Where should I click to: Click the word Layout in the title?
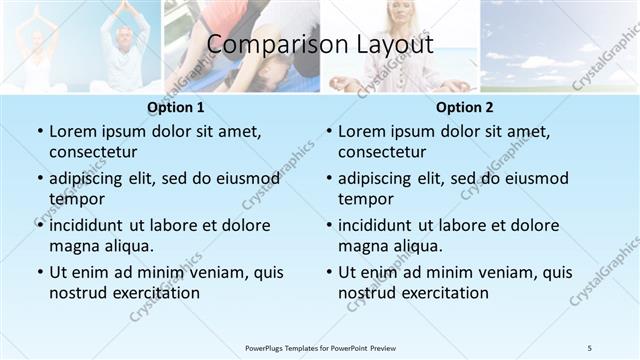(389, 46)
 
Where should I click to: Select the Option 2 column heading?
(465, 107)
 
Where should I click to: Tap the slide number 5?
(589, 347)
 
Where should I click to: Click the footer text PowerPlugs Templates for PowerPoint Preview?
(319, 347)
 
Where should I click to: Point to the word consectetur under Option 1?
(93, 152)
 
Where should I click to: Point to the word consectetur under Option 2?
(382, 152)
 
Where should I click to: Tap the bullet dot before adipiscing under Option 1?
(39, 179)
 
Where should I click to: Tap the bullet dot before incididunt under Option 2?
(328, 226)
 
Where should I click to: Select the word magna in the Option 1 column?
(73, 246)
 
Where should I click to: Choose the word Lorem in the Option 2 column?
(362, 132)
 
